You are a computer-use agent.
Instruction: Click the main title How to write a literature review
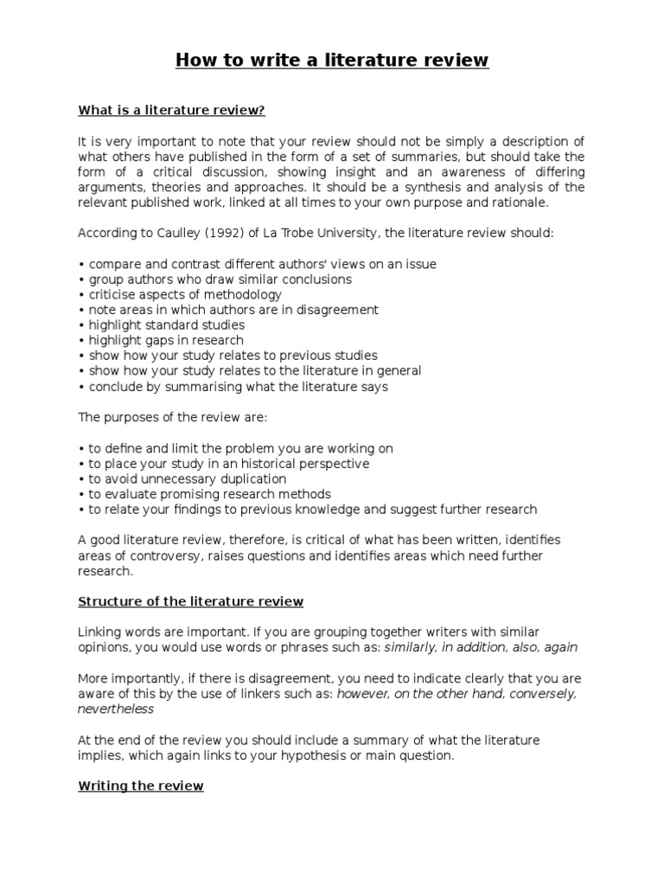(332, 60)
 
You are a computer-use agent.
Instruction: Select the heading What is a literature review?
(171, 110)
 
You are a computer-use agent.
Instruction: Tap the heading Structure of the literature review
(190, 601)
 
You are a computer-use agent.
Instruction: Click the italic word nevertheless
(116, 709)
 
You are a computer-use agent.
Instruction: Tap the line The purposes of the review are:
(173, 417)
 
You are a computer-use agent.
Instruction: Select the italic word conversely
(548, 693)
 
